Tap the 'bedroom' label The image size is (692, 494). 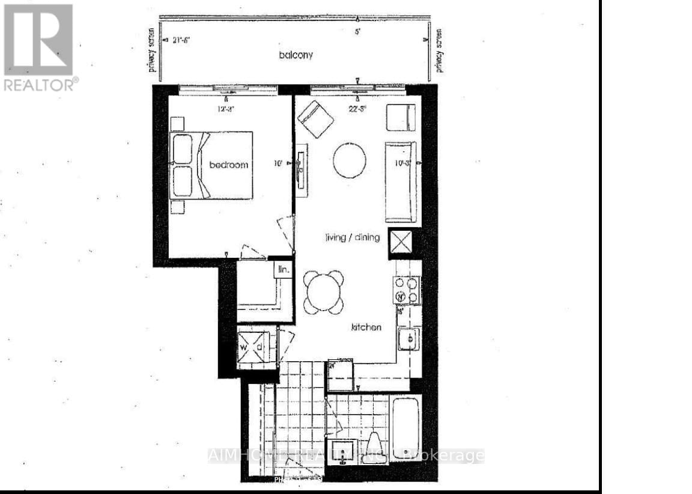tap(228, 165)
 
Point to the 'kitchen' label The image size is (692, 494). tap(366, 328)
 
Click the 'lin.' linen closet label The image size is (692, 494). tap(283, 270)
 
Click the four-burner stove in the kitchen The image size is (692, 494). tap(407, 290)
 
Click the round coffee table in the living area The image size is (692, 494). tap(350, 160)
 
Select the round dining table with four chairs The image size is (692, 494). tap(323, 291)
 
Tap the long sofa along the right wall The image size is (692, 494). tap(400, 181)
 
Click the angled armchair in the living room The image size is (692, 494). tap(316, 119)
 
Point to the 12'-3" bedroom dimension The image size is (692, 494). tap(225, 109)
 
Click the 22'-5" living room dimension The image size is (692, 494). tap(357, 109)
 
